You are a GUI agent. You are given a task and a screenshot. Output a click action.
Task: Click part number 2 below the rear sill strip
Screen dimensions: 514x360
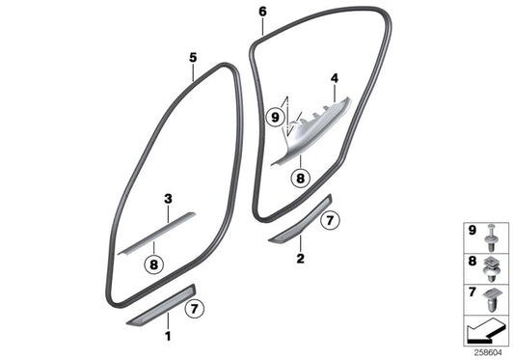[301, 260]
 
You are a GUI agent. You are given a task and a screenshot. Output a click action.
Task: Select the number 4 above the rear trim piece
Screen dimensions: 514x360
[335, 77]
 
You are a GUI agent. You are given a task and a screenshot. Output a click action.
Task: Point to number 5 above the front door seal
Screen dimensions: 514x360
[192, 58]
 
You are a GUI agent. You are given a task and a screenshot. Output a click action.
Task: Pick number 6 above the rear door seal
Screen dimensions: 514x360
[262, 12]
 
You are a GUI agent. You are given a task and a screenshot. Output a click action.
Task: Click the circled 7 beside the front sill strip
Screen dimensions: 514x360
[192, 310]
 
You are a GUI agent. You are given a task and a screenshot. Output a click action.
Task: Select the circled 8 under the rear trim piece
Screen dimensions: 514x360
[300, 178]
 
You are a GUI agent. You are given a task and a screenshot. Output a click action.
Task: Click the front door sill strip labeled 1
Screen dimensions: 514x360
[159, 310]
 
